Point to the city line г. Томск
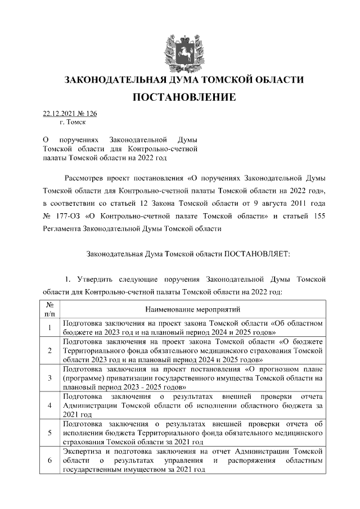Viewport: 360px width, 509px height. (x=71, y=121)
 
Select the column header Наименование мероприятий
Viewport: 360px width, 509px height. (x=192, y=309)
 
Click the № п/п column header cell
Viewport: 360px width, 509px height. (x=49, y=309)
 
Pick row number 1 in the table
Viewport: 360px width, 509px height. (x=49, y=328)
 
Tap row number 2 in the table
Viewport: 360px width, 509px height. (x=49, y=350)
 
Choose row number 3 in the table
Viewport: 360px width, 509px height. (x=49, y=378)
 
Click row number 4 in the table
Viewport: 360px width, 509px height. (x=49, y=406)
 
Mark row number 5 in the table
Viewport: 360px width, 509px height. (x=49, y=433)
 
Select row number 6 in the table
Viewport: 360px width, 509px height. (x=49, y=461)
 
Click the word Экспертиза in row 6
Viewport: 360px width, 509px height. (x=82, y=452)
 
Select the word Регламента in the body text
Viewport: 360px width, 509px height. (x=61, y=244)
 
